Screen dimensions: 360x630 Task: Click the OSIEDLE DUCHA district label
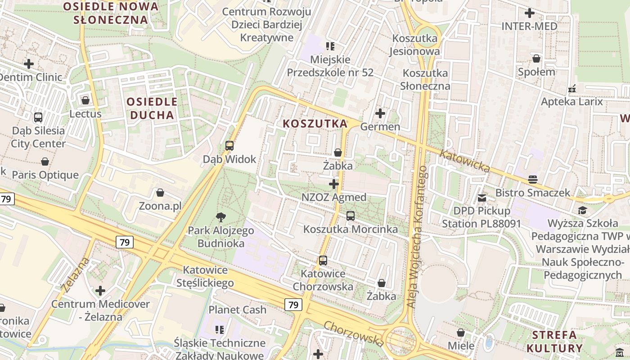[x=152, y=108]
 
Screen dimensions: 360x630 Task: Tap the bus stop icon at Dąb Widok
[x=229, y=145]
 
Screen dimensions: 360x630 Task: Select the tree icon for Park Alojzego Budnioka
[x=220, y=217]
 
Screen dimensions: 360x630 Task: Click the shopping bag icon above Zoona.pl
[x=160, y=193]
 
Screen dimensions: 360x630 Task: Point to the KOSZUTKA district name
[x=315, y=123]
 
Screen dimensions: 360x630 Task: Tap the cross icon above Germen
[x=380, y=113]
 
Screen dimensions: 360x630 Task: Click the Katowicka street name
[x=464, y=161]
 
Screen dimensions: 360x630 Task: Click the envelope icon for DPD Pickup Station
[x=482, y=198]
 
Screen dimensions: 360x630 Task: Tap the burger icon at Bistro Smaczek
[x=533, y=180]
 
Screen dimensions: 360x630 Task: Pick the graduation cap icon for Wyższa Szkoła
[x=582, y=210]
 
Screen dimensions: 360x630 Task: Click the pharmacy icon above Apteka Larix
[x=572, y=89]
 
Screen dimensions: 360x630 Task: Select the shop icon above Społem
[x=536, y=58]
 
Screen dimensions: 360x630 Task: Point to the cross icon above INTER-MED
[x=530, y=13]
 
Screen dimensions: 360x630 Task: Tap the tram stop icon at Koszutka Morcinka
[x=351, y=216]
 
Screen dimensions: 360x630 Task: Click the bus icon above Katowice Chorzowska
[x=323, y=260]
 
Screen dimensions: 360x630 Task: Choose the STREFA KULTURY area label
[x=554, y=342]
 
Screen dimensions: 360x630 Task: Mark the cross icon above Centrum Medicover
[x=100, y=291]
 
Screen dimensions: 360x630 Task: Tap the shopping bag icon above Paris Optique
[x=45, y=162]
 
